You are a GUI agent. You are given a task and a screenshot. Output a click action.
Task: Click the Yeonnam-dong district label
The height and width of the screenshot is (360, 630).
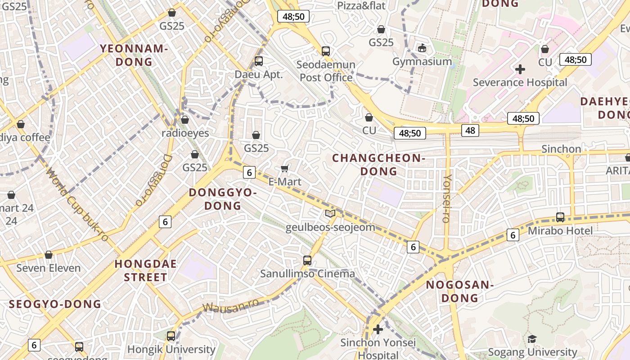coord(134,55)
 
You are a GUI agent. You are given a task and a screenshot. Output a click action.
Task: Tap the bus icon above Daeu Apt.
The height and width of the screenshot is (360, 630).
coord(259,61)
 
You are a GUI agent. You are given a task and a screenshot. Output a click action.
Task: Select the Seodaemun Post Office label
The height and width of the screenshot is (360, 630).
coord(326,71)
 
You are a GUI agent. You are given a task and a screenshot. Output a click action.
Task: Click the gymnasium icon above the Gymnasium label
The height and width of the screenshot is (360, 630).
coord(422,48)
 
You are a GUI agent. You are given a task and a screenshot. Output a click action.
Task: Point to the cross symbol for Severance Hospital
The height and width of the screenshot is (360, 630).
coord(520,69)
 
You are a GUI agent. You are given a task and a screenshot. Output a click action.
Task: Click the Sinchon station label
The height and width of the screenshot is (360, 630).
coord(561,149)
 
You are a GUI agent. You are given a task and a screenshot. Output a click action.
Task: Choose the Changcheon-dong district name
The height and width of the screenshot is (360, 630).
coord(378,164)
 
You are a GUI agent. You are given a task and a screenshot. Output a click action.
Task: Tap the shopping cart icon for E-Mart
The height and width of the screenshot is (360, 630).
coord(284,168)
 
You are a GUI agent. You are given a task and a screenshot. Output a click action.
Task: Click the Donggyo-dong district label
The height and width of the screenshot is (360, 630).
coord(223,199)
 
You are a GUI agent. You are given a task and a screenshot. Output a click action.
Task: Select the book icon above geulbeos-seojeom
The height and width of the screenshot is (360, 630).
coord(330,214)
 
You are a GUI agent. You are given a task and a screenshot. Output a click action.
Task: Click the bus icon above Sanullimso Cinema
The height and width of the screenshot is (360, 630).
coord(307,260)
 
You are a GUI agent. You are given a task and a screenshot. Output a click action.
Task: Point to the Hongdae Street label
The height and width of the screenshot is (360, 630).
coord(145,270)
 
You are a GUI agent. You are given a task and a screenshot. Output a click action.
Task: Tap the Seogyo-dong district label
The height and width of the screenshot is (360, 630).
coord(55,304)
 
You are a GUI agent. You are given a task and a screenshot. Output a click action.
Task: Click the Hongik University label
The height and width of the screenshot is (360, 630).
coord(171,349)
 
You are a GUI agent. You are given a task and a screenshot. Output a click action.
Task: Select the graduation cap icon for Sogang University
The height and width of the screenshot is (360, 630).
coord(532,339)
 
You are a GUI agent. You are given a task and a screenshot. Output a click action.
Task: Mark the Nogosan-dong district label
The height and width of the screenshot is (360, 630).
coord(460,291)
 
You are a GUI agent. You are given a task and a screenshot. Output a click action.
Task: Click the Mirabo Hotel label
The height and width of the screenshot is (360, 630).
coord(560,230)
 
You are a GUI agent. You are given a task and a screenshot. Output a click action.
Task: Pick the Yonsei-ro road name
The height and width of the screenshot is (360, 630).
coord(446,198)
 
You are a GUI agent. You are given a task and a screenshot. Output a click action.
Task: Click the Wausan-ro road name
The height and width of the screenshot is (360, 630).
coord(230,305)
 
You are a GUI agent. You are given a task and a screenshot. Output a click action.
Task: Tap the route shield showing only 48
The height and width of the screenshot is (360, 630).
coord(470,130)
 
